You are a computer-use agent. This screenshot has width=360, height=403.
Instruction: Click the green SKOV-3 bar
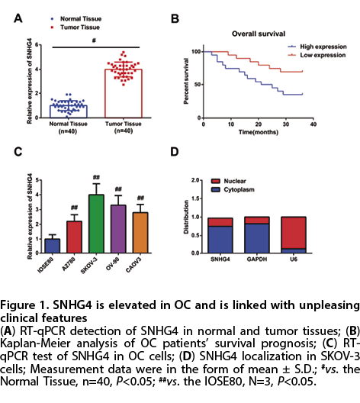click(x=96, y=224)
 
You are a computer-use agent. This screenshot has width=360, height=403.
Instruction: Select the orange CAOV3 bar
click(x=140, y=233)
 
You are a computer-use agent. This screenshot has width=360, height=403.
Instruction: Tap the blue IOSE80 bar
click(x=53, y=246)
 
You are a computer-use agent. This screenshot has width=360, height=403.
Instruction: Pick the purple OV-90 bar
click(x=118, y=229)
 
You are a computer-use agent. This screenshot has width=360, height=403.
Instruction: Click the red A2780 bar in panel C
click(x=74, y=237)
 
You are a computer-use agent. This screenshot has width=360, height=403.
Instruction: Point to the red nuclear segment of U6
click(x=294, y=233)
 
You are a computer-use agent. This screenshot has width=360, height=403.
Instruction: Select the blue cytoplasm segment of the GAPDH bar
click(x=257, y=238)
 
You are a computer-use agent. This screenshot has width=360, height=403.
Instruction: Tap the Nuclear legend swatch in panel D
click(x=215, y=181)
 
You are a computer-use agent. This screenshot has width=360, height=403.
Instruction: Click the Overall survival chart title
click(x=259, y=34)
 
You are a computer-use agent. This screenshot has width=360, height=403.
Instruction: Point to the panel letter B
click(x=175, y=19)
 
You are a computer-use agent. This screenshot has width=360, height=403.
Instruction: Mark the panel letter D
click(x=175, y=152)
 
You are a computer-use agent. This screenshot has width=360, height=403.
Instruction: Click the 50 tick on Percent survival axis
click(x=198, y=85)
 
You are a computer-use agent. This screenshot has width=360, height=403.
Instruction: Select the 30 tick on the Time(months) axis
click(x=286, y=124)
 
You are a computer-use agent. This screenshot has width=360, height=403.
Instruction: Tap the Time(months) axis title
click(x=259, y=132)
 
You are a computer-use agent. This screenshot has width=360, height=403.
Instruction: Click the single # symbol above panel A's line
click(x=94, y=40)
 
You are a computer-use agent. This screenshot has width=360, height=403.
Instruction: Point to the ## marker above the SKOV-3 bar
click(x=96, y=177)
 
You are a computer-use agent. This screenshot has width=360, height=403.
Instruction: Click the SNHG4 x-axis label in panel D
click(x=220, y=260)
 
